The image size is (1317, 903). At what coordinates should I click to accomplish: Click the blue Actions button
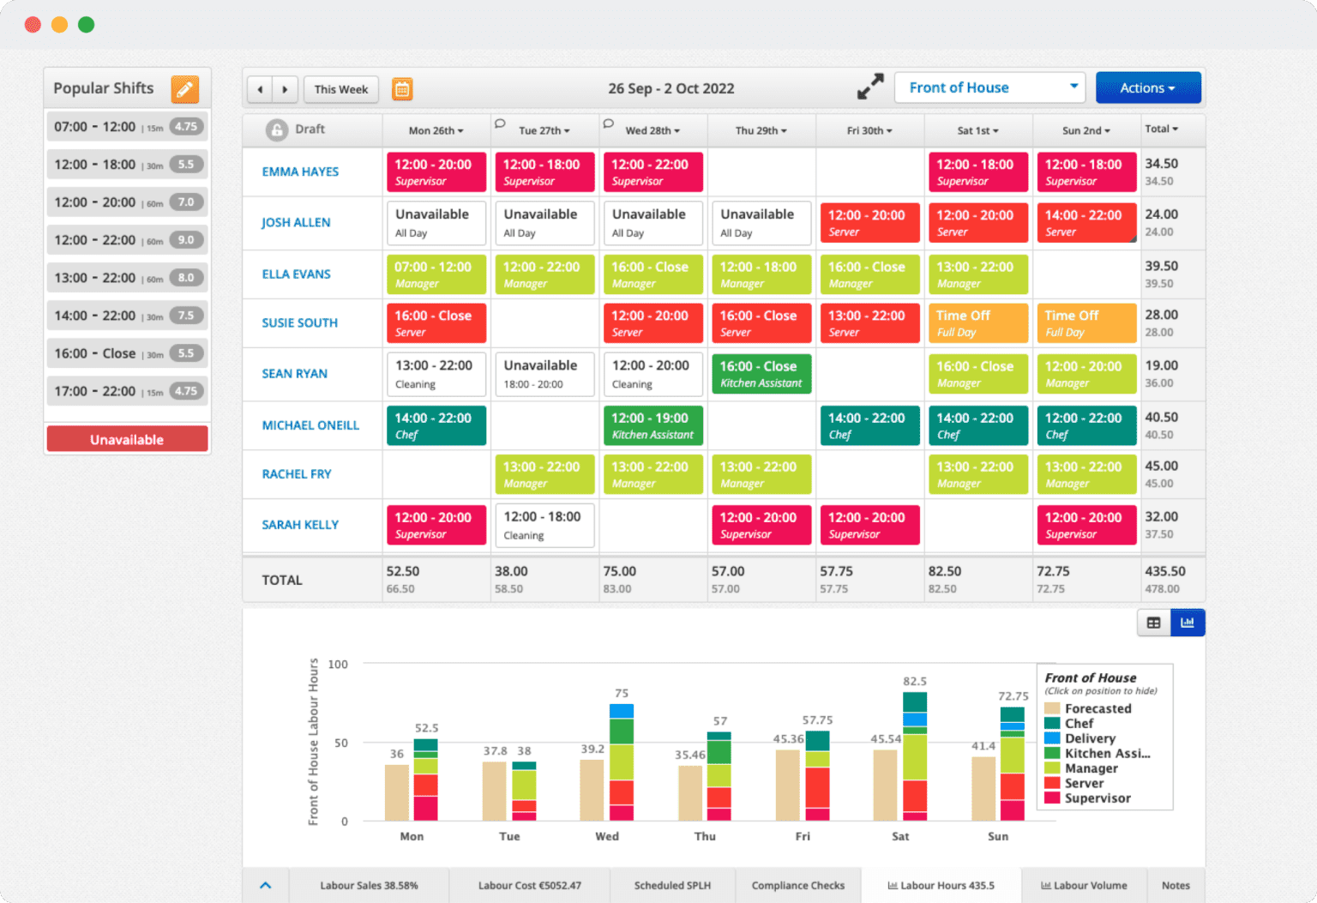point(1147,88)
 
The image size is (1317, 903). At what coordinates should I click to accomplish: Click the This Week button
point(340,89)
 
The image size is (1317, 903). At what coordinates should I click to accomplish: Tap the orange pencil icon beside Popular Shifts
point(184,89)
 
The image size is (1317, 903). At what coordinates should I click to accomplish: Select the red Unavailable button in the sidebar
point(127,439)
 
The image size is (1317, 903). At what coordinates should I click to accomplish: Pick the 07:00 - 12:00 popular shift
point(126,127)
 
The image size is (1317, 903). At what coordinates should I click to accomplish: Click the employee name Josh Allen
point(296,223)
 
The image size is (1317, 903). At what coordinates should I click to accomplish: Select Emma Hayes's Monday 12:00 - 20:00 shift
point(436,172)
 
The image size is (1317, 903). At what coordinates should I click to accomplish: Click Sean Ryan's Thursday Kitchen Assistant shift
point(761,374)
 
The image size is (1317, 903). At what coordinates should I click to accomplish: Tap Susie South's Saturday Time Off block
point(977,323)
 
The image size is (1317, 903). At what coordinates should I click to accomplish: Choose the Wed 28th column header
point(652,131)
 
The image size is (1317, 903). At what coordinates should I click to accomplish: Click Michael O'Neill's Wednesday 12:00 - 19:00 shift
point(652,425)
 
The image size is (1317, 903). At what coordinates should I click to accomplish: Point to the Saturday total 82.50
point(944,571)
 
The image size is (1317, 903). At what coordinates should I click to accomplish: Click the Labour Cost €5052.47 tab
point(529,885)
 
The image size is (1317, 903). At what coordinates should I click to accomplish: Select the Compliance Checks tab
point(797,885)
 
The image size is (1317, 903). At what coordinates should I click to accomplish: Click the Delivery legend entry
point(1089,738)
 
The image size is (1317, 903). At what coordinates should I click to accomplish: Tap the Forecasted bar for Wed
point(592,790)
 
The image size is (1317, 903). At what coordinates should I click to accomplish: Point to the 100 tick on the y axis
point(338,665)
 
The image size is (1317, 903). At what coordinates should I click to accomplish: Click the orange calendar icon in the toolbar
point(402,89)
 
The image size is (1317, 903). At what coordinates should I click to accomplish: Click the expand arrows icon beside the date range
point(870,87)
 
